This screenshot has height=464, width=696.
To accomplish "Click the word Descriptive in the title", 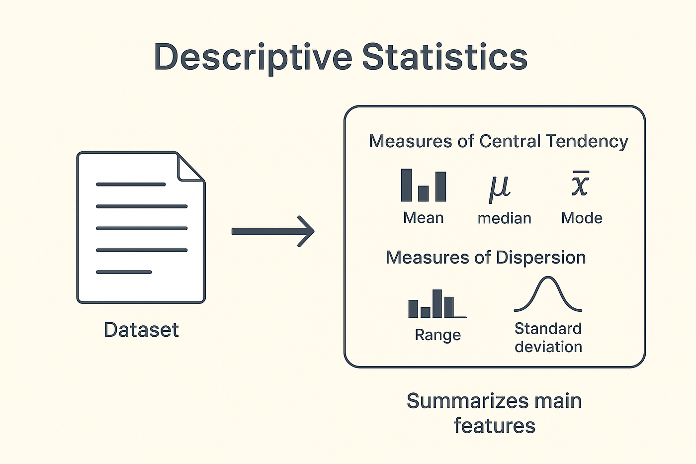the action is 253,57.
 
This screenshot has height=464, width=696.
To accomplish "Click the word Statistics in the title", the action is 444,57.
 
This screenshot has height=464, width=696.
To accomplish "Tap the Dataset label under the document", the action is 141,330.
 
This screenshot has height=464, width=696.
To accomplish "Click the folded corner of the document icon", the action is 190,167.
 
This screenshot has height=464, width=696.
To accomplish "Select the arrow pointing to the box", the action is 273,231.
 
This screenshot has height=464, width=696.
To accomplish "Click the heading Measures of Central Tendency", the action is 498,141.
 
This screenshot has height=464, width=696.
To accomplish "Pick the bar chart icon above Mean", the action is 423,186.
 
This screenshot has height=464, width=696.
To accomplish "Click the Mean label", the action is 423,218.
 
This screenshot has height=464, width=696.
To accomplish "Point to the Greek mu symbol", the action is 500,188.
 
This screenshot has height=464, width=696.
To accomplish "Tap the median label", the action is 504,218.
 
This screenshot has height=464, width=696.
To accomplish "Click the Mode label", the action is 582,218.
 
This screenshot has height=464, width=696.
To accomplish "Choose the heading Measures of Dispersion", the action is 486,258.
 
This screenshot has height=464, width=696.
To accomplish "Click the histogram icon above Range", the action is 436,304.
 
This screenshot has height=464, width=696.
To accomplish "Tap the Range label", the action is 437,335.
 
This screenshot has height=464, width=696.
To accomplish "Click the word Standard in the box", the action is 548,329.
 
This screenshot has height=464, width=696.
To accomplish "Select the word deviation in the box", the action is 548,347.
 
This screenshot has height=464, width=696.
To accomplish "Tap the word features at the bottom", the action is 494,426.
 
